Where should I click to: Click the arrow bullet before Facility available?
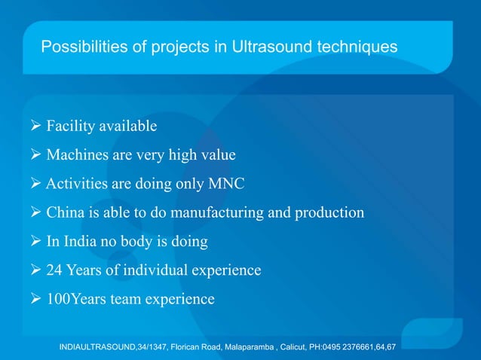[x=35, y=125]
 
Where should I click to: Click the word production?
[x=327, y=212]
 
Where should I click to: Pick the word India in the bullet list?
[x=82, y=242]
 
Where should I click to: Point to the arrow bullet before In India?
[x=35, y=242]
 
